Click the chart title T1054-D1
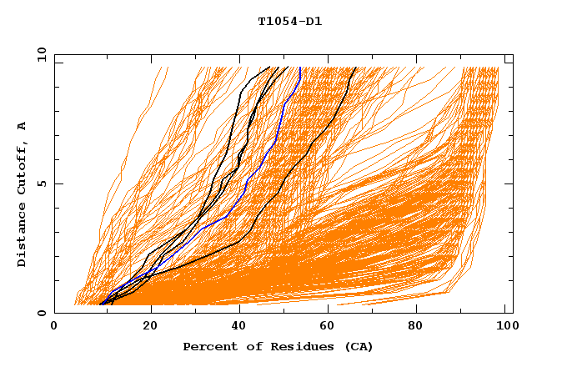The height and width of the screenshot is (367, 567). point(289,22)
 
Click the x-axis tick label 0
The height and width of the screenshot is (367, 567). point(54,326)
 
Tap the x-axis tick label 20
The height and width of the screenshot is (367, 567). point(146,326)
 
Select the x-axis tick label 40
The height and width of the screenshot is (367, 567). point(238,326)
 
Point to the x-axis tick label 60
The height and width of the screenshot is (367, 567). point(329,326)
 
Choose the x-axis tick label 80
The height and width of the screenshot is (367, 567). point(421,326)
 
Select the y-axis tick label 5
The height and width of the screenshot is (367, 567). point(41,183)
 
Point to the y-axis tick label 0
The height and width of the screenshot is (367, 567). point(41,313)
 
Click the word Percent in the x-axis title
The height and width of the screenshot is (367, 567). point(208,347)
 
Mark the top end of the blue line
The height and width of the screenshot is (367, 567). point(299,68)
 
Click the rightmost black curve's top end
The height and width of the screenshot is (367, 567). point(355,68)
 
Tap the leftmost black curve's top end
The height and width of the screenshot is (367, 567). point(269,68)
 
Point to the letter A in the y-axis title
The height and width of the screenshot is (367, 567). point(22,126)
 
